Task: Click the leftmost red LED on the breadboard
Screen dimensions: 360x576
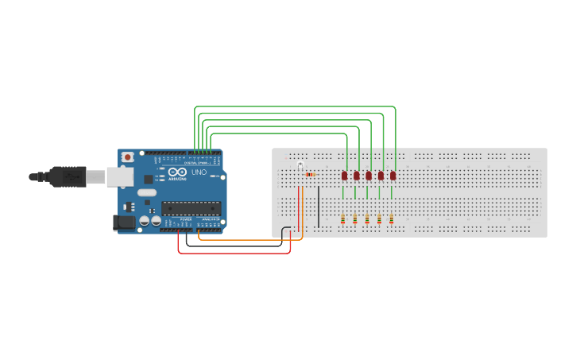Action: pyautogui.click(x=344, y=176)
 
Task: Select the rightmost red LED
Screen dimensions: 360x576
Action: pyautogui.click(x=392, y=176)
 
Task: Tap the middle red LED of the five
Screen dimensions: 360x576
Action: pyautogui.click(x=369, y=176)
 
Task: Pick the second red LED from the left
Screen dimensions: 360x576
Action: pyautogui.click(x=357, y=176)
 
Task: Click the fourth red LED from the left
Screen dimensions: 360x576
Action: pyautogui.click(x=381, y=176)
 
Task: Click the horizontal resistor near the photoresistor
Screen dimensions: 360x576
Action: pyautogui.click(x=310, y=174)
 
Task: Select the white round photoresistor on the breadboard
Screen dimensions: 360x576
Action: pyautogui.click(x=300, y=164)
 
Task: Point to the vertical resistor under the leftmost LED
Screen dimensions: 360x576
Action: pyautogui.click(x=343, y=219)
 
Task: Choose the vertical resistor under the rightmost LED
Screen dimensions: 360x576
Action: pyautogui.click(x=391, y=219)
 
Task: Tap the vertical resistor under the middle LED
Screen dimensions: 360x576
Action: pyautogui.click(x=367, y=219)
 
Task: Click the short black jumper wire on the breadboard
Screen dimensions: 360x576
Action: pyautogui.click(x=319, y=207)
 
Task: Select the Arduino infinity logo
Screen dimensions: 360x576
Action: pyautogui.click(x=176, y=172)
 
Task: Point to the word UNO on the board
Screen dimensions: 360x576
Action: pyautogui.click(x=199, y=172)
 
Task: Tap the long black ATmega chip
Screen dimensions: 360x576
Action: pyautogui.click(x=191, y=208)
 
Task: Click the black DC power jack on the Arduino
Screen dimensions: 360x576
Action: pyautogui.click(x=125, y=223)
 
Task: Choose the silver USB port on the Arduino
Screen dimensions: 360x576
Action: pyautogui.click(x=120, y=176)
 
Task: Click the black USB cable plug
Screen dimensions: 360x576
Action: pyautogui.click(x=68, y=176)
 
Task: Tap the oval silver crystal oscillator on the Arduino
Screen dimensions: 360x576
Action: pyautogui.click(x=147, y=192)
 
